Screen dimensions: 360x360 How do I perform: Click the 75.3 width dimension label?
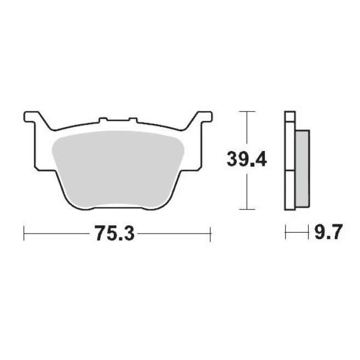114,233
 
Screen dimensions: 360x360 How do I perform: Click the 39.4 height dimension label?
247,159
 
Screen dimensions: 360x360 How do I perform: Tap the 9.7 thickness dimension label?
328,232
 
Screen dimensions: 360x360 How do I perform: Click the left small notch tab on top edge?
103,120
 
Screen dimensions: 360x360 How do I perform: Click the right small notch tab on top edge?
133,120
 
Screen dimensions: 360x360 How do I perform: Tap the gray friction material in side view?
302,169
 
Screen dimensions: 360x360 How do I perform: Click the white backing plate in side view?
290,160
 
